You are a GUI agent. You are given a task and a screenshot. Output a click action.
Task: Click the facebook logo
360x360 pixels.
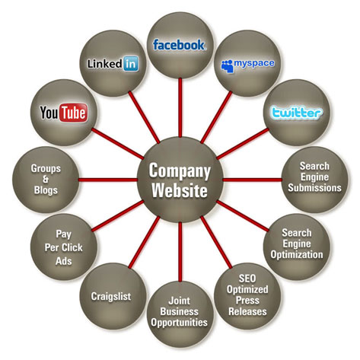(x=179, y=45)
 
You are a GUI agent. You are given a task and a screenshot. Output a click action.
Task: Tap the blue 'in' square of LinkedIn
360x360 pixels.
(x=131, y=63)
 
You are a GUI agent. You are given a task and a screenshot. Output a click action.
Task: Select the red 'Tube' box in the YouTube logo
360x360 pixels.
(x=74, y=113)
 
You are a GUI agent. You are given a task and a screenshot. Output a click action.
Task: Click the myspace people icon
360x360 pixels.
(x=227, y=66)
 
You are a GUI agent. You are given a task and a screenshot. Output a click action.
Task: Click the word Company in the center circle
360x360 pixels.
(x=180, y=171)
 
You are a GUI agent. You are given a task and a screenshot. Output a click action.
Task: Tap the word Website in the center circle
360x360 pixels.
(x=180, y=190)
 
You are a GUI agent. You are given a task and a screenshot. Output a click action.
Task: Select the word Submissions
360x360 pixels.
(x=314, y=188)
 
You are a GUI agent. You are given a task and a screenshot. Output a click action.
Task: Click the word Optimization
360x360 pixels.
(x=297, y=254)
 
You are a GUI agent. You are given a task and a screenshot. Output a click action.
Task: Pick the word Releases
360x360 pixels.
(x=247, y=311)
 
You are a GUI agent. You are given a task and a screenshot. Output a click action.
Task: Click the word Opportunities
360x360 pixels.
(x=179, y=323)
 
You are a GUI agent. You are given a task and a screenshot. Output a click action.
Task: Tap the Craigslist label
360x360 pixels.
(x=111, y=297)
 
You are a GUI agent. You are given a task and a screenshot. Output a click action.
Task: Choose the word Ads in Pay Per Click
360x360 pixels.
(x=64, y=261)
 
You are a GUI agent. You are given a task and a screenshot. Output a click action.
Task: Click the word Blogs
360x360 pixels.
(x=46, y=190)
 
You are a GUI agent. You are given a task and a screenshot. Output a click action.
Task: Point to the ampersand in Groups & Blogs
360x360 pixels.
(x=46, y=180)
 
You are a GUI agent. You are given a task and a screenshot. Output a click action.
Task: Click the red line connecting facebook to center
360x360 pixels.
(x=180, y=107)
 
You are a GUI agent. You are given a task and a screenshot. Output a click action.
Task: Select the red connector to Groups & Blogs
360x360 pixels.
(x=108, y=180)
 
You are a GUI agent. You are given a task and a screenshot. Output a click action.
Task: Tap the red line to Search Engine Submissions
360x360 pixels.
(x=252, y=180)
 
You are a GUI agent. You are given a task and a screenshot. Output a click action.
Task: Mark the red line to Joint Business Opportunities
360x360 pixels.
(x=180, y=252)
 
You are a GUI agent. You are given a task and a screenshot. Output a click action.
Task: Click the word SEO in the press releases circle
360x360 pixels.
(x=247, y=279)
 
